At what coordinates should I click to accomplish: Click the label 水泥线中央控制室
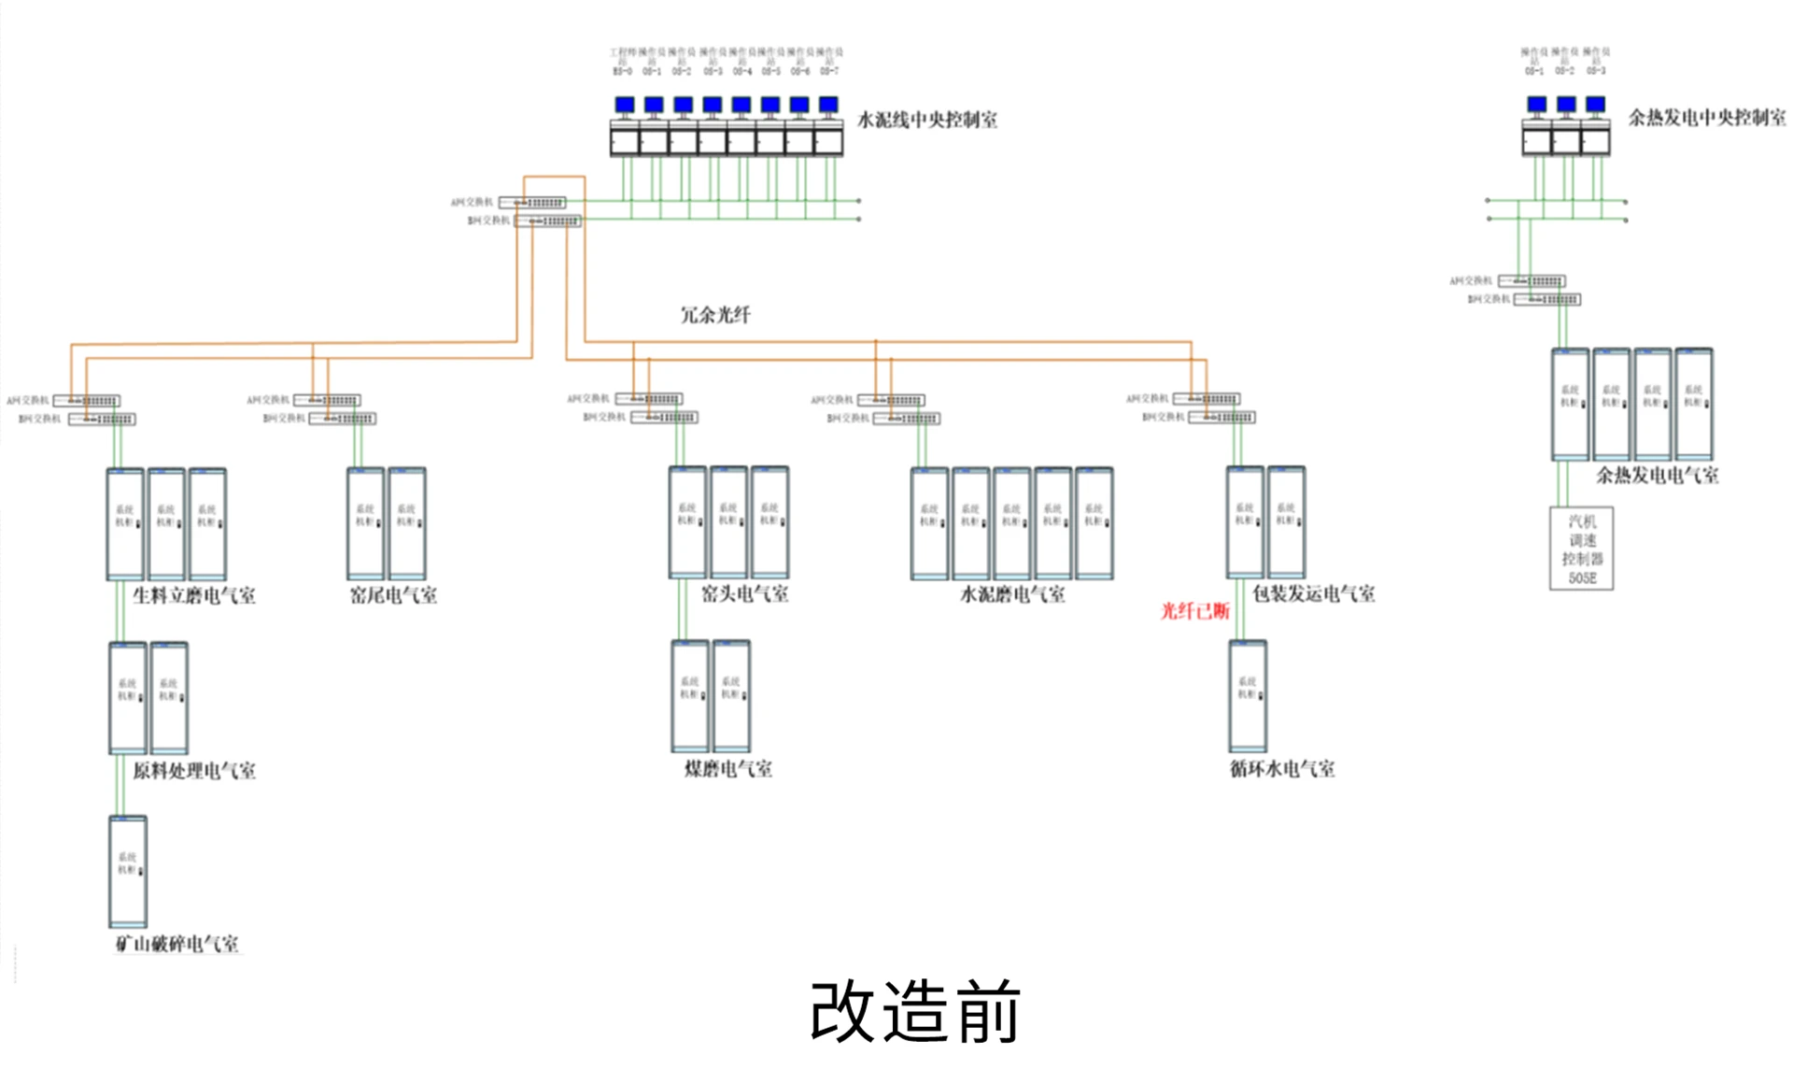[x=927, y=120]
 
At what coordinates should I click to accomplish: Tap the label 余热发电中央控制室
[x=1707, y=117]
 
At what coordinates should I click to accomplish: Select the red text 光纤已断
[x=1194, y=611]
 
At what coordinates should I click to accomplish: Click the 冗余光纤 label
[x=715, y=315]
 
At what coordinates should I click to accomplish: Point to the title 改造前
[x=915, y=1011]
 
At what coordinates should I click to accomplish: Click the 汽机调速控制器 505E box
[x=1581, y=549]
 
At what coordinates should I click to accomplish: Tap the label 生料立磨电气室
[x=194, y=595]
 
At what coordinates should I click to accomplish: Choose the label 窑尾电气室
[x=393, y=595]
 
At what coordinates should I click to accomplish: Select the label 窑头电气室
[x=744, y=593]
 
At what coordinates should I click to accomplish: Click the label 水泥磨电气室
[x=1012, y=594]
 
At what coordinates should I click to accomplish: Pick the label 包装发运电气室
[x=1313, y=593]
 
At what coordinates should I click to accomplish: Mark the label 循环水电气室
[x=1282, y=769]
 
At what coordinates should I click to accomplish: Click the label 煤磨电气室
[x=728, y=769]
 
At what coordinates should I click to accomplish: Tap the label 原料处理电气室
[x=194, y=771]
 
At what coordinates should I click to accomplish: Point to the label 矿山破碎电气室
[x=176, y=944]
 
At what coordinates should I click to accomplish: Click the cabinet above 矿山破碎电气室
[x=128, y=871]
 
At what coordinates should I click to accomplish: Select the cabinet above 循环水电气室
[x=1248, y=696]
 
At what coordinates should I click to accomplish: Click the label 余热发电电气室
[x=1657, y=475]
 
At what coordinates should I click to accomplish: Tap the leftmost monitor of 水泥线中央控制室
[x=625, y=105]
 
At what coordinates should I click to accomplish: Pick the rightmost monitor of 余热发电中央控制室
[x=1596, y=105]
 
